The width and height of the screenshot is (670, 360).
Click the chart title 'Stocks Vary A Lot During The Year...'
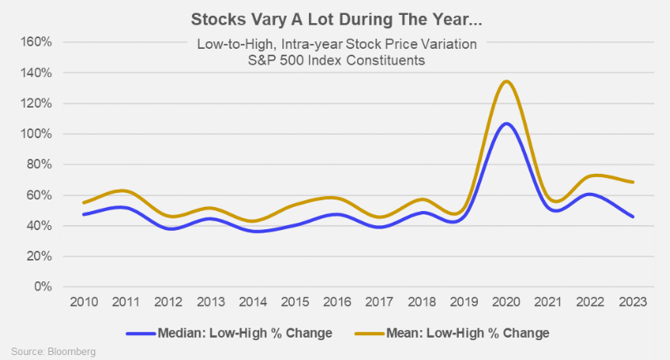(335, 17)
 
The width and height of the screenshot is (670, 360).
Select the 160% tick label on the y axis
(36, 41)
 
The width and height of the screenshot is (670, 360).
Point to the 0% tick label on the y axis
(41, 287)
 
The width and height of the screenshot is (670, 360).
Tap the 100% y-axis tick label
(36, 134)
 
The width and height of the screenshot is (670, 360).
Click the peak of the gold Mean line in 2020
(506, 81)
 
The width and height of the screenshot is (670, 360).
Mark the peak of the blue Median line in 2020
(506, 123)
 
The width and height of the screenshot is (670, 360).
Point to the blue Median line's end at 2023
(633, 217)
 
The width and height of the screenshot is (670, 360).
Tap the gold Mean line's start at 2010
(83, 203)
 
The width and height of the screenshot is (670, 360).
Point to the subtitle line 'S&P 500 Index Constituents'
(335, 60)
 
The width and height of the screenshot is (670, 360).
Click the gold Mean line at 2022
(590, 176)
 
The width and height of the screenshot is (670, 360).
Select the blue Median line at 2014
(252, 231)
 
